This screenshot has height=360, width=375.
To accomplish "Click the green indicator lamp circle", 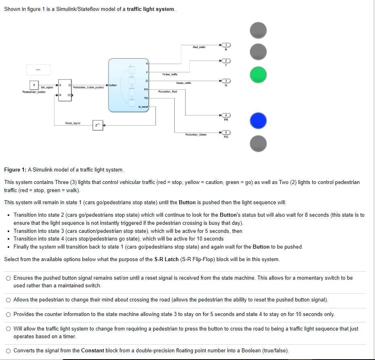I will (x=258, y=75).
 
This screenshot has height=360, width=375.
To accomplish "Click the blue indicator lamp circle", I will (x=258, y=120).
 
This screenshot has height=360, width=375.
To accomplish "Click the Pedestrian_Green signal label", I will (x=195, y=134).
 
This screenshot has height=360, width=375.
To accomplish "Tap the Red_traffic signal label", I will (x=199, y=47).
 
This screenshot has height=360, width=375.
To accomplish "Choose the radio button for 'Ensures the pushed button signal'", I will (x=8, y=278).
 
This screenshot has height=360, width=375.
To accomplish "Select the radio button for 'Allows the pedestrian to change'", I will (x=8, y=300).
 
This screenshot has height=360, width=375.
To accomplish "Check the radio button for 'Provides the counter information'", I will (x=8, y=314).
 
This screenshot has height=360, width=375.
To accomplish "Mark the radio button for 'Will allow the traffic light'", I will (x=8, y=329).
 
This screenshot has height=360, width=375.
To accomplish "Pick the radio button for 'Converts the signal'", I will (x=8, y=351).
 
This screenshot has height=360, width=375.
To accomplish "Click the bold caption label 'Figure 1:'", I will (x=15, y=170).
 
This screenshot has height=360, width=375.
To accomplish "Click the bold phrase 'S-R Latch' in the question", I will (x=166, y=260).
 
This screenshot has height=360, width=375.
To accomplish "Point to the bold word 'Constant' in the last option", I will (x=92, y=351).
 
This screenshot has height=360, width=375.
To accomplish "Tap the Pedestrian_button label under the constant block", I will (x=34, y=92).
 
